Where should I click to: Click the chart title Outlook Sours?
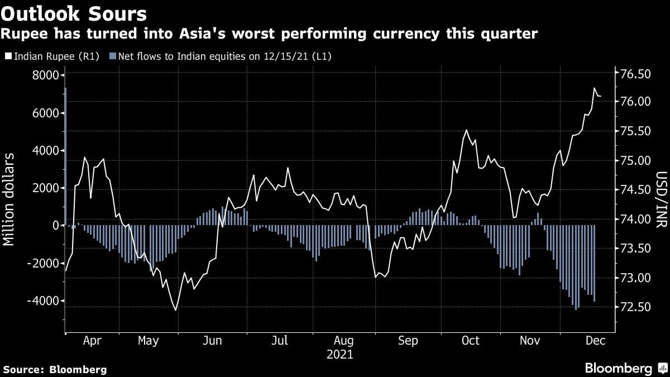point(74,13)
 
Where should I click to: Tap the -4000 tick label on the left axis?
point(44,301)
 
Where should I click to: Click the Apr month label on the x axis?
point(92,341)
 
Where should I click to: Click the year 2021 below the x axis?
point(340,355)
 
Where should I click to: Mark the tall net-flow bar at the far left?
point(65,156)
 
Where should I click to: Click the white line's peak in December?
point(595,88)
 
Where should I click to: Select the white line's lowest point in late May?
point(176,310)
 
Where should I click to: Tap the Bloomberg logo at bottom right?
point(619,369)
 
